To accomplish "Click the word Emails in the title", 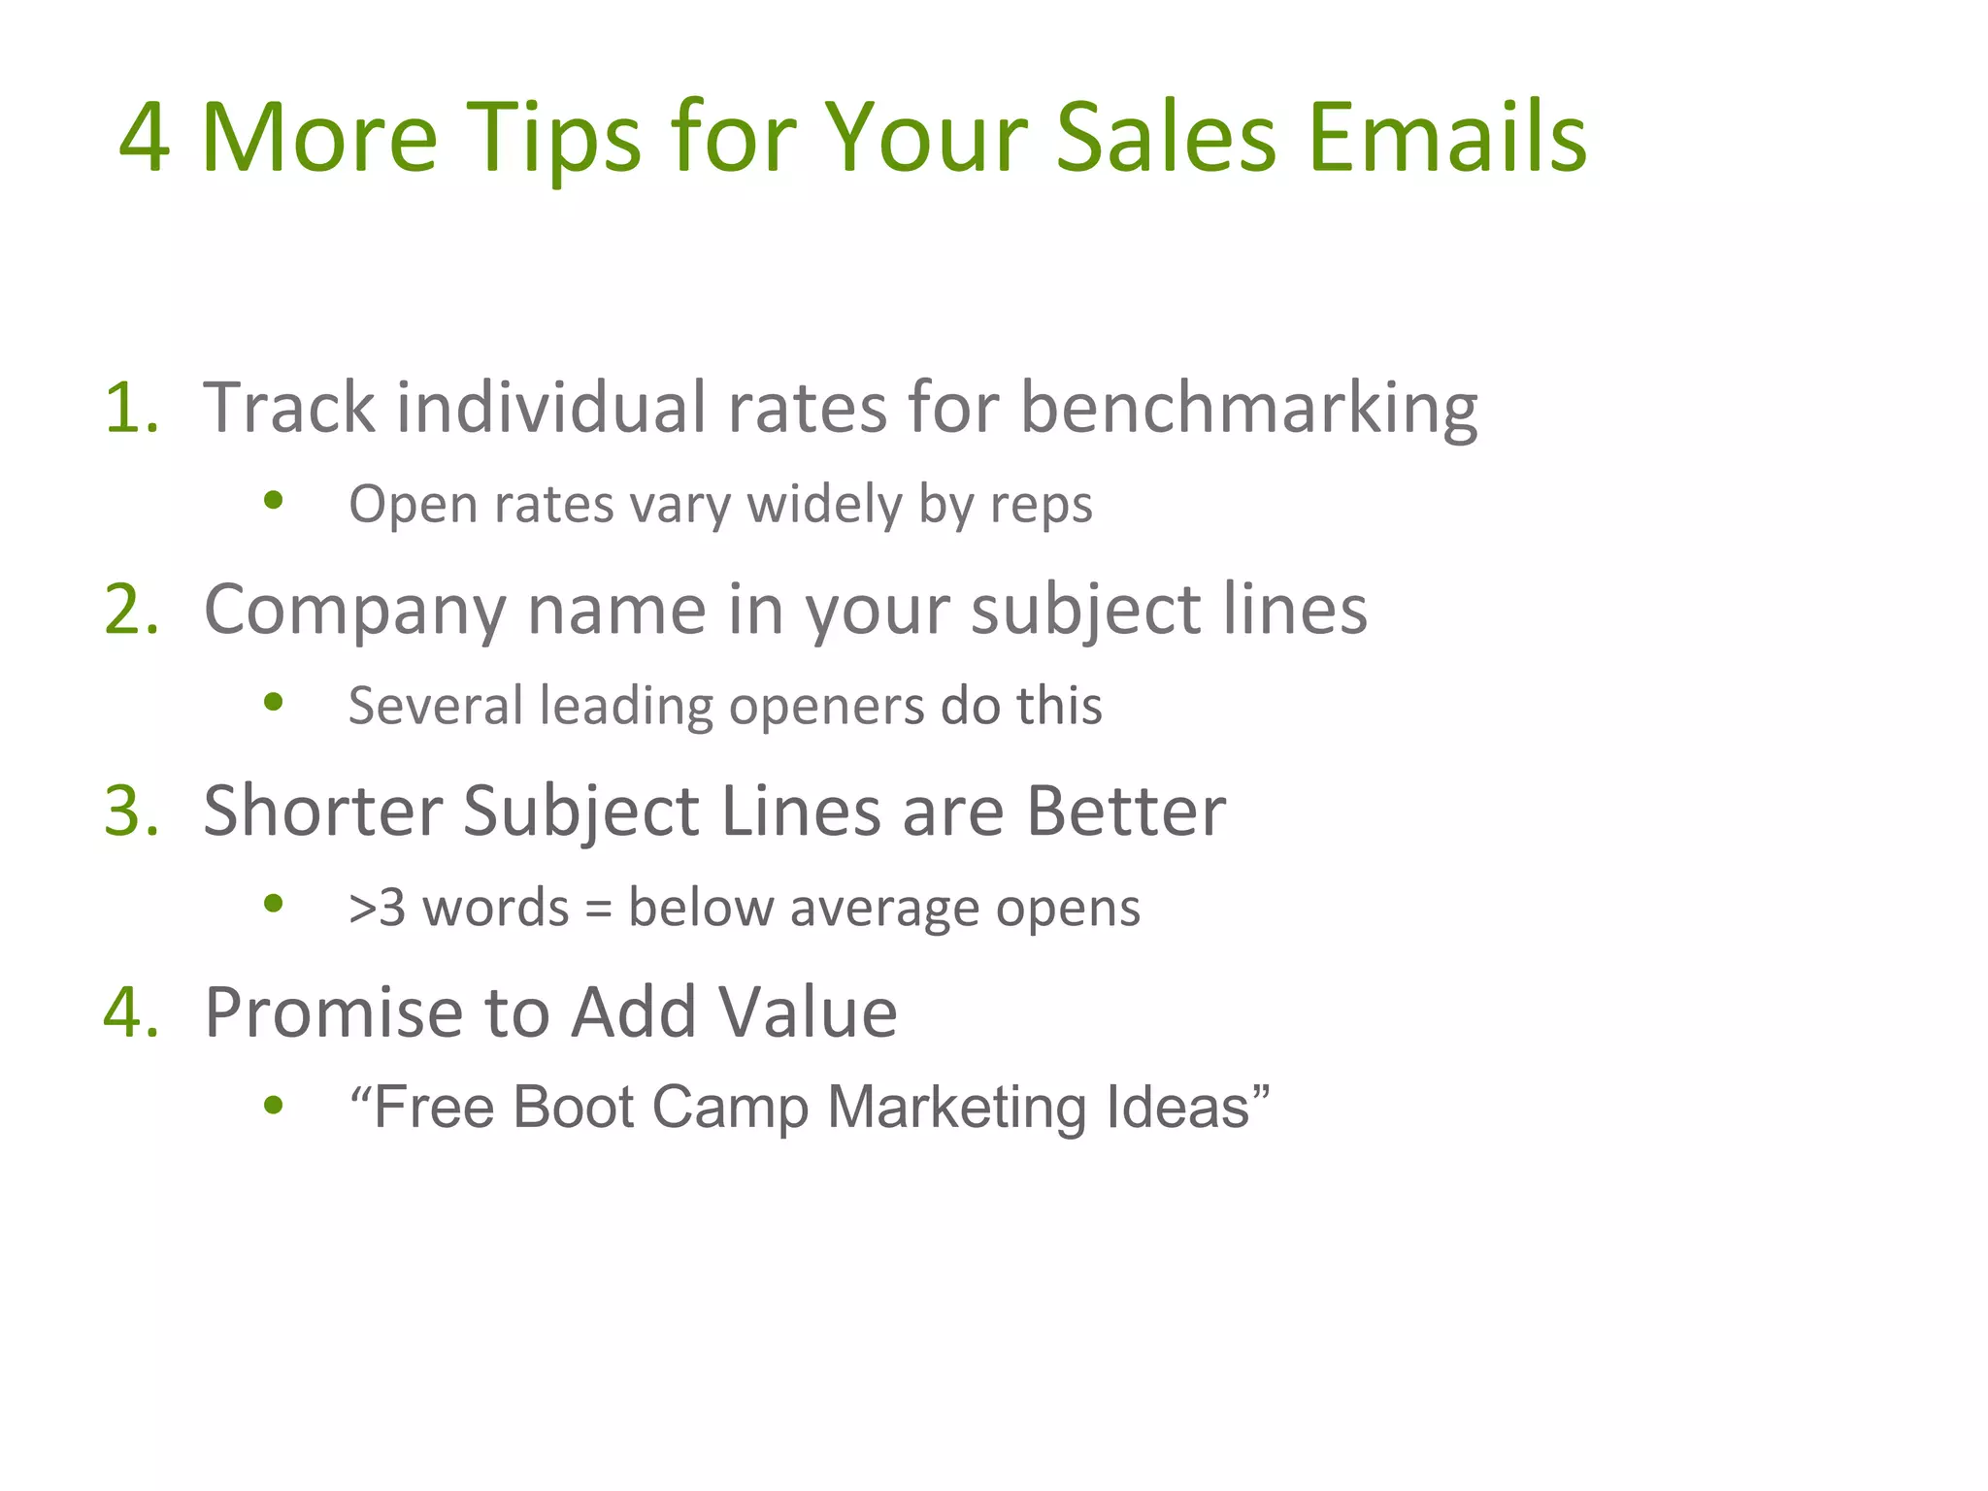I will [1446, 138].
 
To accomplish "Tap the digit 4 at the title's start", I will [145, 138].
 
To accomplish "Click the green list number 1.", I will [129, 407].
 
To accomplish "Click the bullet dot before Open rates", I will [274, 501].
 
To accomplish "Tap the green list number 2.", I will [130, 610].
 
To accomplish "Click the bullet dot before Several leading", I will [274, 701].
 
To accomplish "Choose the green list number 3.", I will [130, 811].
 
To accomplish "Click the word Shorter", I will [320, 811].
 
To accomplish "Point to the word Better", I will [1126, 811].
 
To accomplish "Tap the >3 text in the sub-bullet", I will [377, 909].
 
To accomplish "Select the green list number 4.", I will [130, 1012].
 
